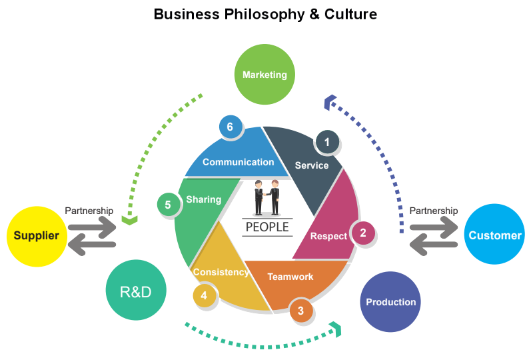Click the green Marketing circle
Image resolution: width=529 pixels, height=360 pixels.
coord(264,75)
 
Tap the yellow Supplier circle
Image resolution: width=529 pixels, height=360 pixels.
coord(36,235)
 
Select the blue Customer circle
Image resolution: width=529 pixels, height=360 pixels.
coord(494,235)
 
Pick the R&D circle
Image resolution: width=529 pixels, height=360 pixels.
coord(135,291)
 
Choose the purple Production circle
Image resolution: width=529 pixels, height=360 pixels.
coord(390,302)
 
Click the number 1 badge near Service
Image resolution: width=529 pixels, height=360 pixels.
coord(326,141)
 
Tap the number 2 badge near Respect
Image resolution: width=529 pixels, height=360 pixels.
coord(363,233)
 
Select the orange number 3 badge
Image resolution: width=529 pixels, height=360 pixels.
coord(301,310)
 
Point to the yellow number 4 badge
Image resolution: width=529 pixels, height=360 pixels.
coord(204,295)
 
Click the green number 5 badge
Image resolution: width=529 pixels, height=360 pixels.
coord(168,205)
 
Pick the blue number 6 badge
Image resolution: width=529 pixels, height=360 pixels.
coord(230,127)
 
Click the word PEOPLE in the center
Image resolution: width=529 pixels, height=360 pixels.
coord(267,227)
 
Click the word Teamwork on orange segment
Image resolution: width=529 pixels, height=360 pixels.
coord(290,277)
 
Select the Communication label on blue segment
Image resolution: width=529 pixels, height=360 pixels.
coord(238,162)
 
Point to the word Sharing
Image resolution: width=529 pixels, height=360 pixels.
coord(203,199)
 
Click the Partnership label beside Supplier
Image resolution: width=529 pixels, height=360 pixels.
coord(89,211)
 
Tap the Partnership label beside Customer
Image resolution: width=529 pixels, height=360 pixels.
coord(433,211)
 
